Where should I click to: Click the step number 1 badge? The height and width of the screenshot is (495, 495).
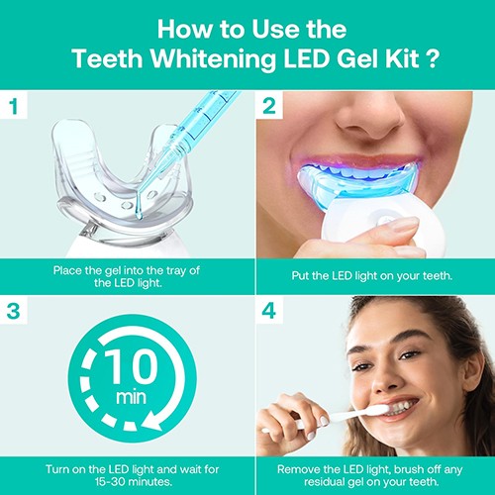(x=14, y=105)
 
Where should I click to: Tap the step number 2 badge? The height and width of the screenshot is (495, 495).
(x=269, y=105)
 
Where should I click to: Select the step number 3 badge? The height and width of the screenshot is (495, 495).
(x=14, y=310)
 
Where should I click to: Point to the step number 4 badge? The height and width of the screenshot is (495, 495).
(x=269, y=310)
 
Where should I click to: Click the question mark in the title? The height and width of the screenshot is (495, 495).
(x=432, y=58)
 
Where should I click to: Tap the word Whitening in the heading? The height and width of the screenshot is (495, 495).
(x=213, y=58)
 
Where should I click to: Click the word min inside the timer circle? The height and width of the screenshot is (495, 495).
(x=131, y=397)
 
